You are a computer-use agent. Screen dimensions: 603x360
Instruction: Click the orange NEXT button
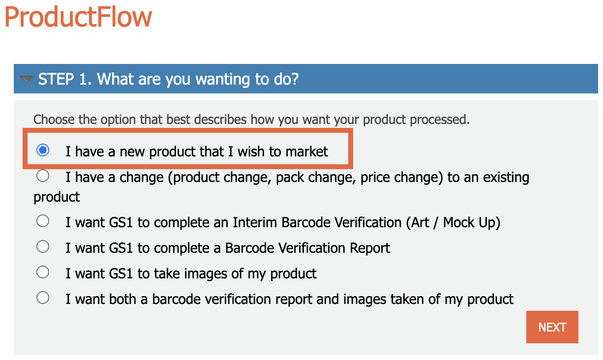552,327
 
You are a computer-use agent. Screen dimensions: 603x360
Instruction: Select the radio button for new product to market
43,150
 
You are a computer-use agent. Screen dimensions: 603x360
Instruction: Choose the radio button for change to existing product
43,176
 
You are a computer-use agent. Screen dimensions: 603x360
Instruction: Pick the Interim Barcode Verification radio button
43,221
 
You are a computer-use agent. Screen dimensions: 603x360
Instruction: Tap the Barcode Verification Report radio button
43,247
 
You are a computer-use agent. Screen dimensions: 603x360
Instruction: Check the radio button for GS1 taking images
43,272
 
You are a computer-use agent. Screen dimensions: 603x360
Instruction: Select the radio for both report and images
43,298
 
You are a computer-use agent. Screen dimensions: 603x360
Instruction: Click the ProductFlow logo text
78,17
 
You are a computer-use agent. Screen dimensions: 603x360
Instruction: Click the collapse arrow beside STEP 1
27,79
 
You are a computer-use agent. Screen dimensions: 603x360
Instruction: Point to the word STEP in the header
56,79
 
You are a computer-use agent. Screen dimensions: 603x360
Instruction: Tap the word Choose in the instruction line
54,120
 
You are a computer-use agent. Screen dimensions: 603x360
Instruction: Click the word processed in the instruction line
439,120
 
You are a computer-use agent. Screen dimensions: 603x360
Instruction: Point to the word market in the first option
306,151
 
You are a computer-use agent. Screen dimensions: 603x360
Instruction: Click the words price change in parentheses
401,178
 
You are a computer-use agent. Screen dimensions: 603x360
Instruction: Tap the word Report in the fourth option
369,248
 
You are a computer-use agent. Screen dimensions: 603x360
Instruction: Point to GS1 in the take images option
121,273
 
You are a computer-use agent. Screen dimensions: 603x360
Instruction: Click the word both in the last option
122,299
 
